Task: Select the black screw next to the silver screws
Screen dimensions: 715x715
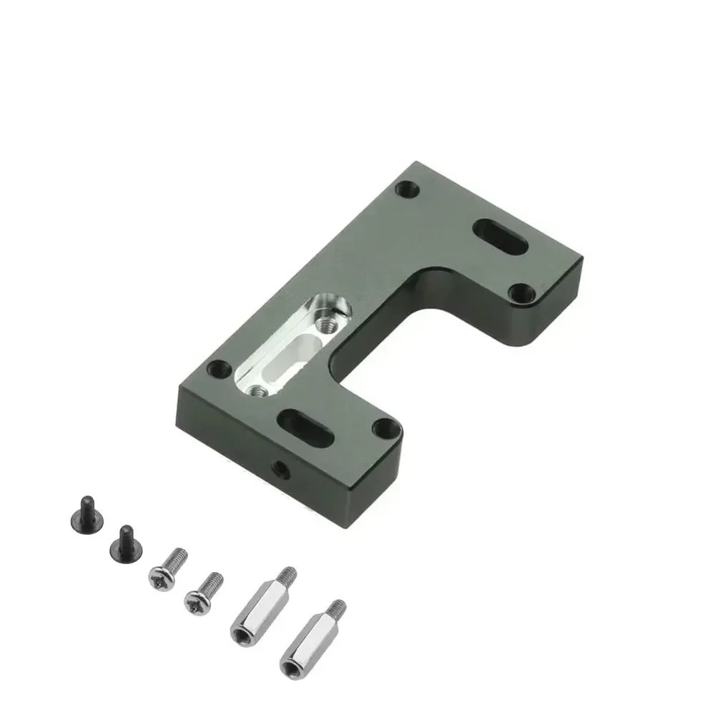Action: coord(124,545)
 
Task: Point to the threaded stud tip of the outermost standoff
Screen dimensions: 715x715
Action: coord(338,608)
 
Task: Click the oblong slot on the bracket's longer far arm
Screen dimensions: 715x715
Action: coord(503,236)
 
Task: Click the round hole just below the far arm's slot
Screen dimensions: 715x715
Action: coord(524,292)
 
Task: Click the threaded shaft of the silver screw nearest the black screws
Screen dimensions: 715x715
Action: coord(178,555)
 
